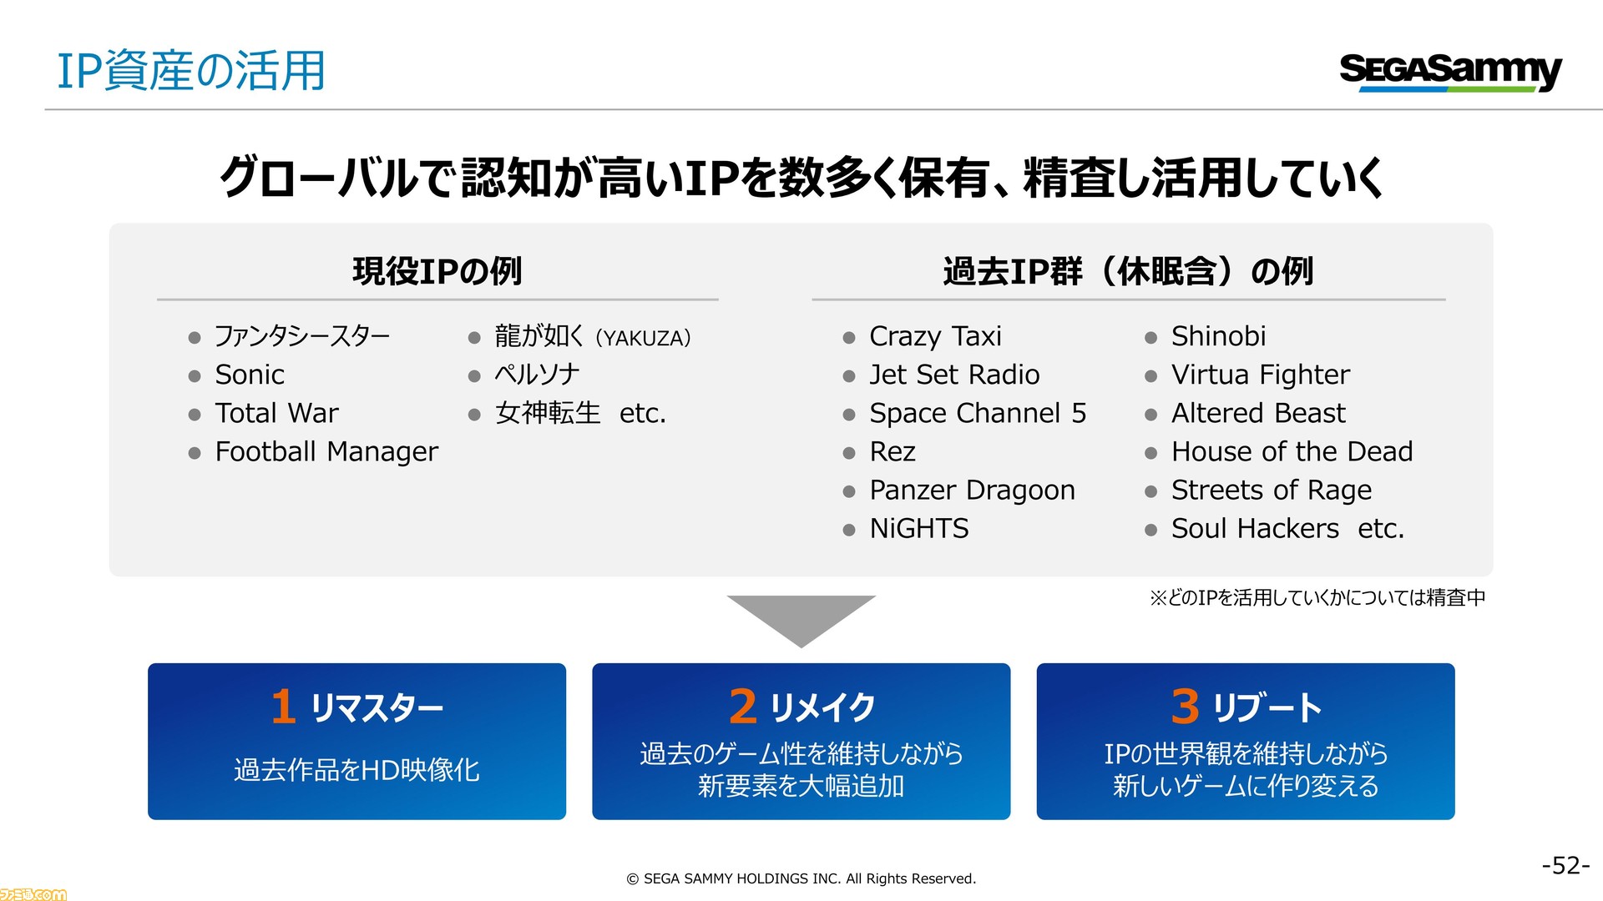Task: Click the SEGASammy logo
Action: coord(1450,72)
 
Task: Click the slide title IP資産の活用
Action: coord(191,70)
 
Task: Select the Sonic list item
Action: coord(250,375)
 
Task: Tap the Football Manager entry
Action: coord(326,451)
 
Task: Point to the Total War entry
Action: coord(277,413)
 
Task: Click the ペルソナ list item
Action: coord(537,375)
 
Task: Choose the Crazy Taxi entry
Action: coord(935,336)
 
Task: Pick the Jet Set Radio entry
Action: coord(954,375)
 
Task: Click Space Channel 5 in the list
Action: coord(978,413)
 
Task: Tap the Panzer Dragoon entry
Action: coord(972,490)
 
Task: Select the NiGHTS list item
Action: coord(919,528)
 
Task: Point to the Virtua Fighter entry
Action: coord(1260,375)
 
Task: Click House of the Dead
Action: coord(1292,451)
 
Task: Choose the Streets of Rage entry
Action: coord(1271,490)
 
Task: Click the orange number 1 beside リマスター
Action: coord(284,707)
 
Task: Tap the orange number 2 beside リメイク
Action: coord(743,707)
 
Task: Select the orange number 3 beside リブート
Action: coord(1186,707)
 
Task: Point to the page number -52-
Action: coord(1565,865)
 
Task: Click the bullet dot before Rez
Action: coord(849,453)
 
